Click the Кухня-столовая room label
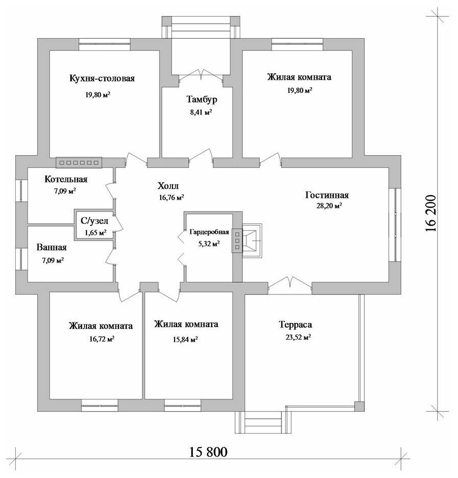click(102, 78)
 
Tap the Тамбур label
click(202, 100)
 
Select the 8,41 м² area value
click(201, 112)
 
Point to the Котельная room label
click(66, 179)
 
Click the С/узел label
click(94, 220)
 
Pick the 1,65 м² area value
click(96, 232)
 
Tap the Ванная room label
click(51, 247)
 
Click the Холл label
click(168, 186)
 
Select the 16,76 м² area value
click(171, 197)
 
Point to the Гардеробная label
click(209, 232)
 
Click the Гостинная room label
click(327, 195)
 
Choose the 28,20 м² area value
click(329, 206)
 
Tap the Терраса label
click(295, 324)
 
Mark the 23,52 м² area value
click(298, 338)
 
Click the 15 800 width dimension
click(209, 452)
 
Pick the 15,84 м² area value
click(185, 339)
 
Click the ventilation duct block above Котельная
click(79, 163)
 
